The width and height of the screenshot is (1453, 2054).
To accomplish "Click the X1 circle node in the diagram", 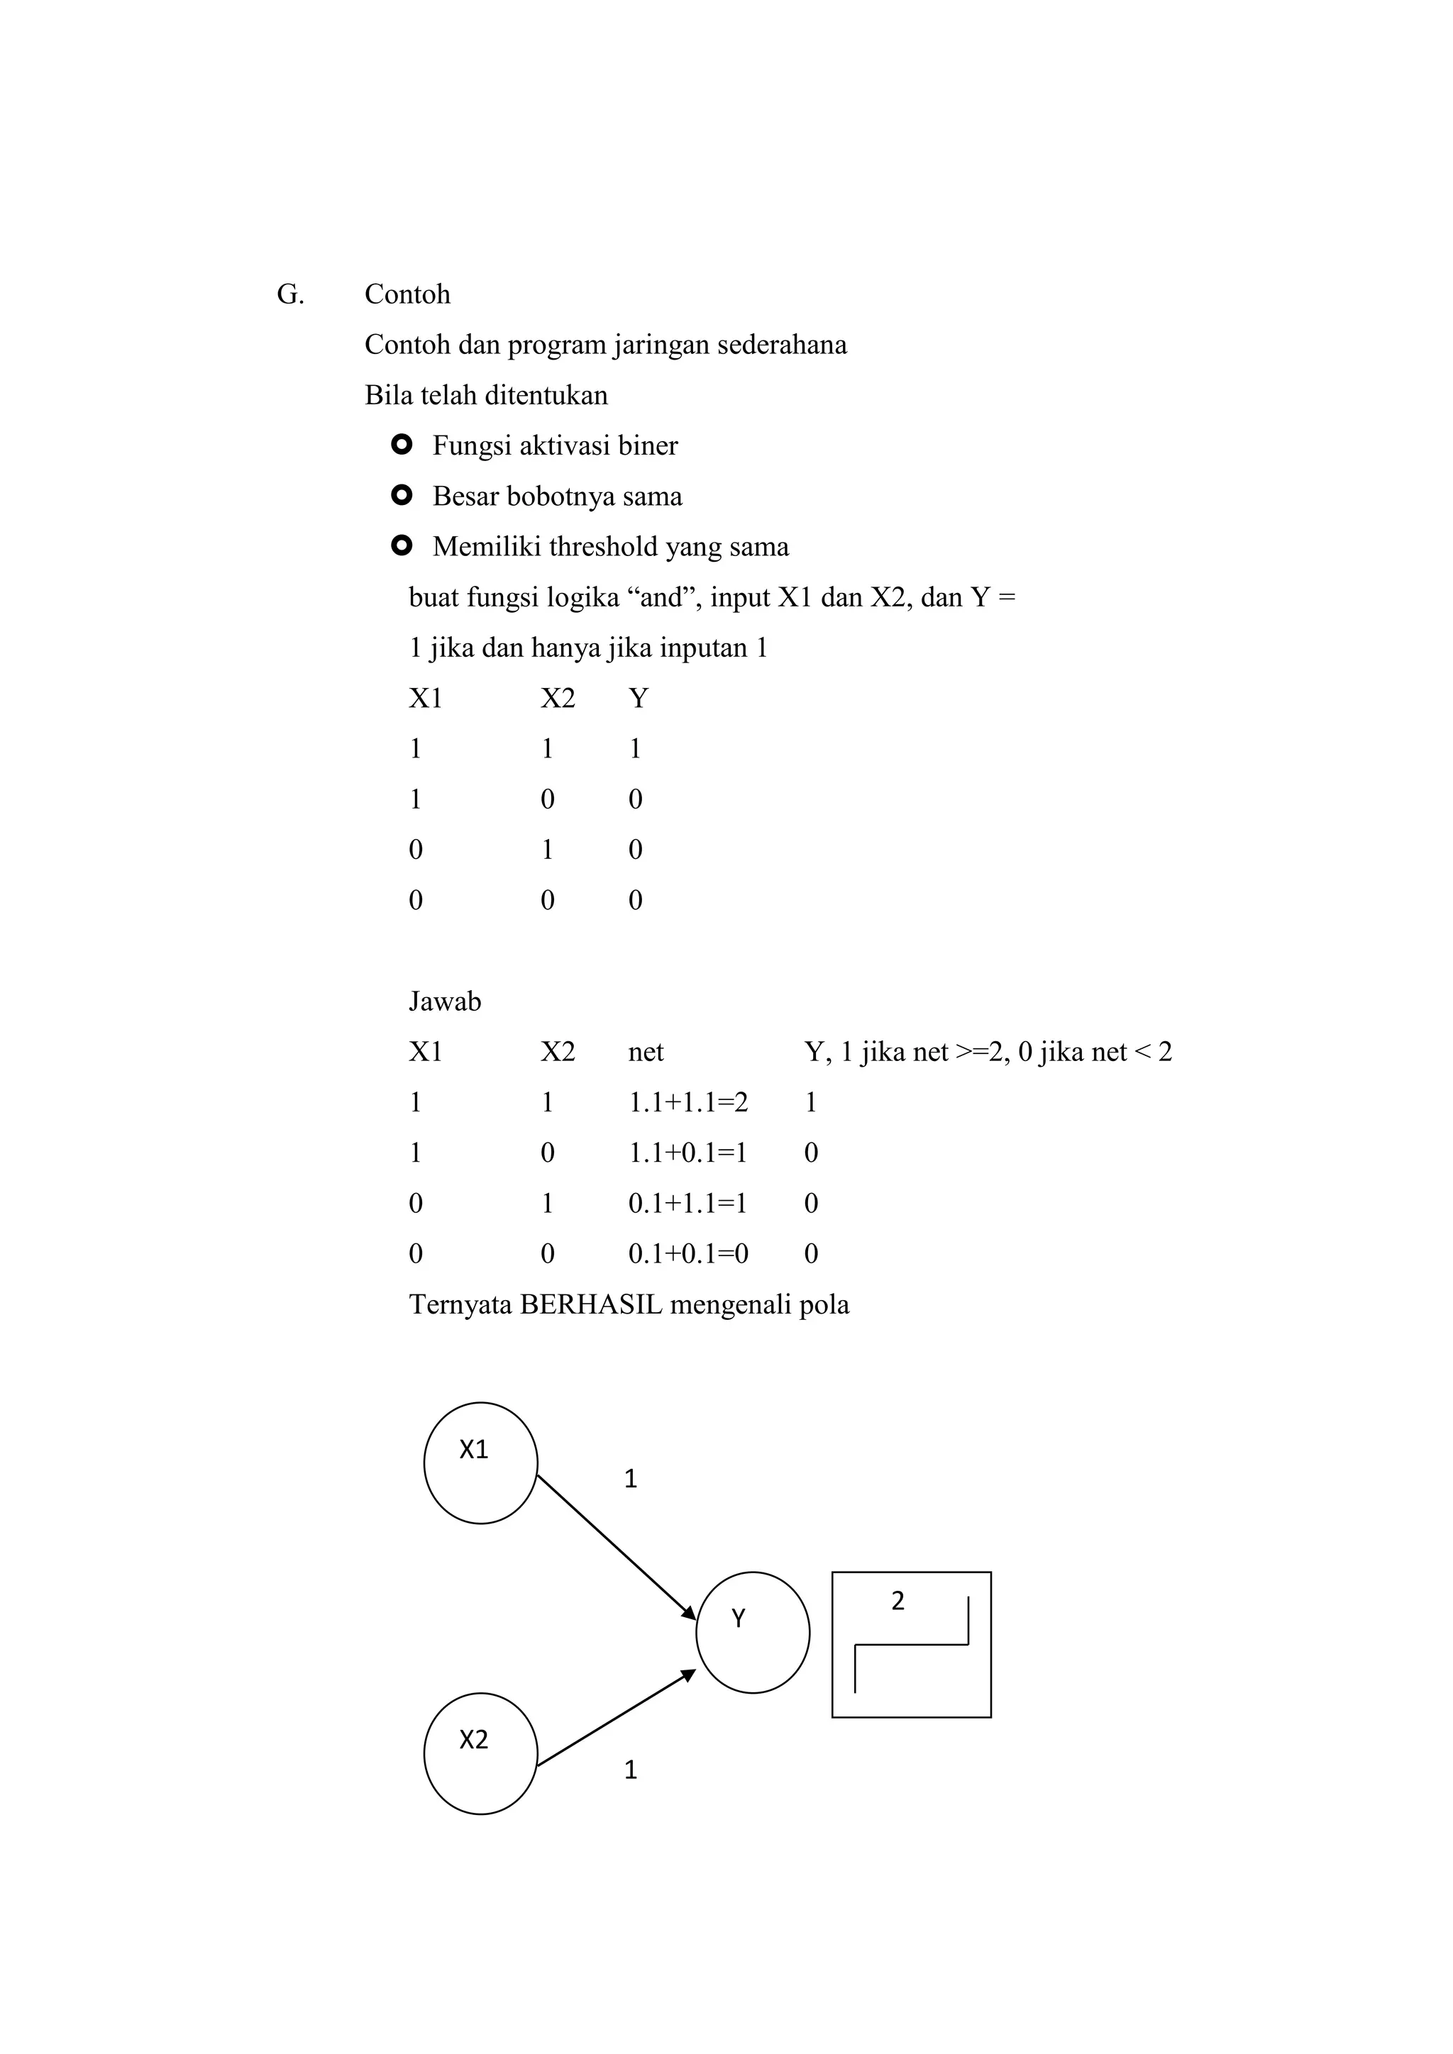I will (x=480, y=1462).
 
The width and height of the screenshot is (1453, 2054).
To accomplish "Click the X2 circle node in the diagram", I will (x=480, y=1753).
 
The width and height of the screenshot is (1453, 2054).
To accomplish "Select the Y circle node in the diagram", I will (x=753, y=1633).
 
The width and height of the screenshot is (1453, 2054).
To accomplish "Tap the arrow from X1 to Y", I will (x=616, y=1547).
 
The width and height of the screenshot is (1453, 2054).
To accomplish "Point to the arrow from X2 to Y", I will (x=616, y=1718).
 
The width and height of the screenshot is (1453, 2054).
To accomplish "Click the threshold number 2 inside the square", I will (x=898, y=1601).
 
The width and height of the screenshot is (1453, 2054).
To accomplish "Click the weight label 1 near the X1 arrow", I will (x=631, y=1479).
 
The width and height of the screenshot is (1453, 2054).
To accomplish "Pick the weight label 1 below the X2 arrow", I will (x=631, y=1770).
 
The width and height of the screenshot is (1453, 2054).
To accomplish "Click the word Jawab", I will (x=445, y=1001).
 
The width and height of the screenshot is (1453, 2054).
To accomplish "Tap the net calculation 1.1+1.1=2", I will (x=688, y=1102).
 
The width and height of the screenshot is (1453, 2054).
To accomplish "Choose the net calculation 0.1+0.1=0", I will (x=688, y=1253).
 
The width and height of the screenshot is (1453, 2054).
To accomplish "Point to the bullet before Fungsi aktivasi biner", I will (x=402, y=445).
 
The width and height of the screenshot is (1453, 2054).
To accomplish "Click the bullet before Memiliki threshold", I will (x=402, y=545).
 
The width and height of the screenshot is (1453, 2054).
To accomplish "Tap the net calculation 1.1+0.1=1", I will (x=688, y=1153).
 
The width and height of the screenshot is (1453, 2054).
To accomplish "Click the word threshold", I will (x=603, y=547).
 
